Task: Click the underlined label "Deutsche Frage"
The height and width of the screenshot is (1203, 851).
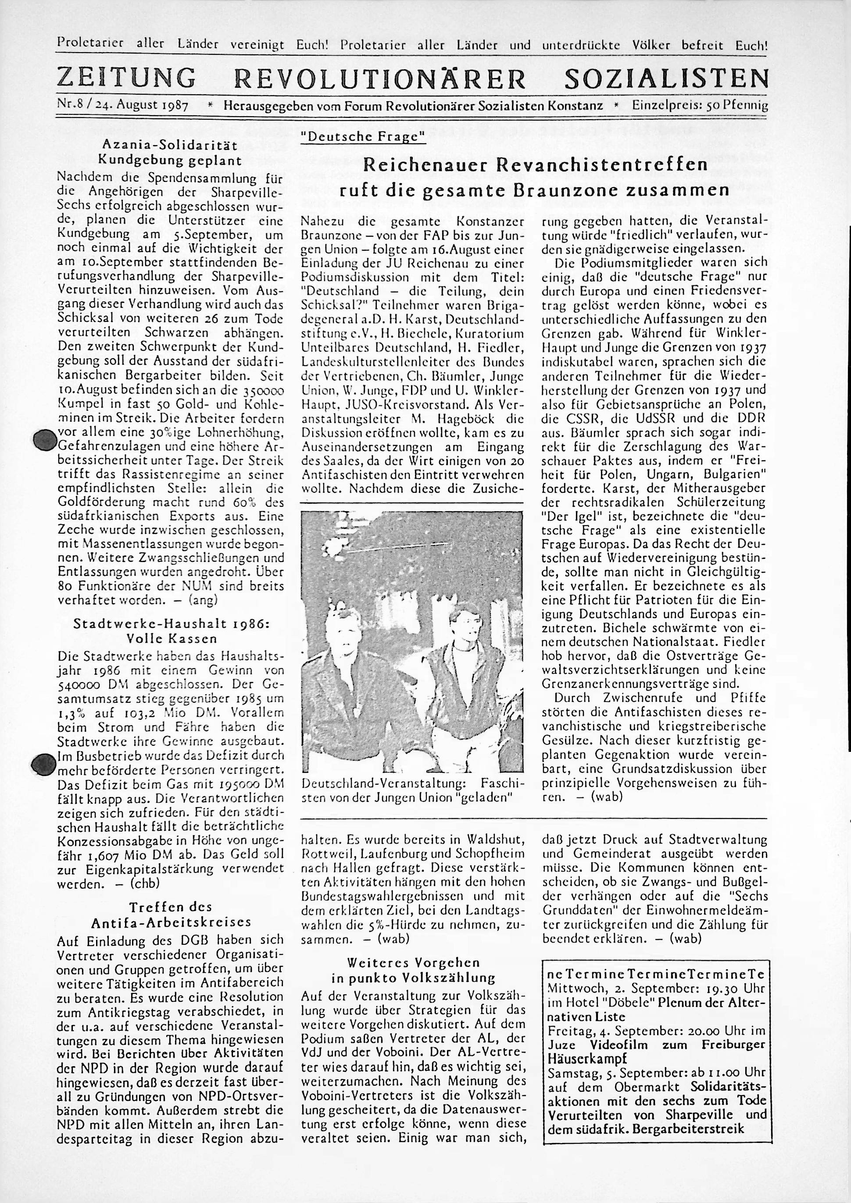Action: (362, 137)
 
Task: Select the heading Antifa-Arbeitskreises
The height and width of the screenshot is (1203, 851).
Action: (171, 922)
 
